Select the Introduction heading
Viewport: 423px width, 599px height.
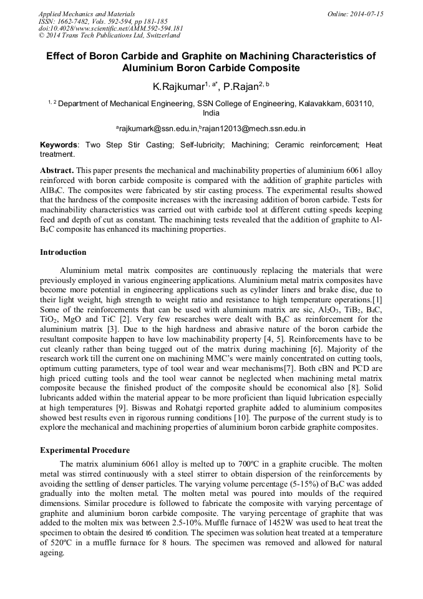[x=63, y=252]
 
